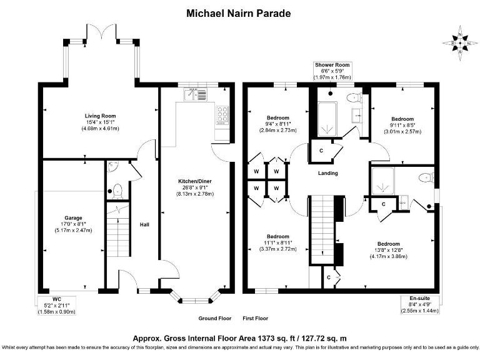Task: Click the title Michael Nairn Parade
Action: coord(240,12)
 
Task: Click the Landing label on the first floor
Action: coord(328,173)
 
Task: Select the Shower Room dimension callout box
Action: coord(332,71)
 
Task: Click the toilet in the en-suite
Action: coord(427,177)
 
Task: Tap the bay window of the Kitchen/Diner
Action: coord(194,298)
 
